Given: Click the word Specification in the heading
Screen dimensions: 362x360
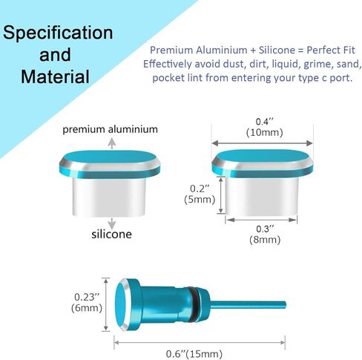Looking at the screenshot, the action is [58, 33].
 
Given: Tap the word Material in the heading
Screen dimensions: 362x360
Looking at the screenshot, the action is [55, 76].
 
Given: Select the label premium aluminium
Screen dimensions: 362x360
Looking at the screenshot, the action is [110, 129].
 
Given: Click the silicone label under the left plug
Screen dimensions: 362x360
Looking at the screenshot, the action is [111, 234].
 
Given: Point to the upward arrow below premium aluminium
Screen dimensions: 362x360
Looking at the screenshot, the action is [112, 143].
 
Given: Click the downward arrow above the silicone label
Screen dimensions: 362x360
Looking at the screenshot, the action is [112, 223].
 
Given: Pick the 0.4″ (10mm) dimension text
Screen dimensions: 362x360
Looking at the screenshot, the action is [264, 127].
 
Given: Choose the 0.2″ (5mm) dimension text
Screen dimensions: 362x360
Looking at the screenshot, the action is [200, 194].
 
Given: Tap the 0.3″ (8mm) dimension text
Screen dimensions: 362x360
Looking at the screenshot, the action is [265, 235].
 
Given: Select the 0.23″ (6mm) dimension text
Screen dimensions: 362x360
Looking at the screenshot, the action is [87, 302].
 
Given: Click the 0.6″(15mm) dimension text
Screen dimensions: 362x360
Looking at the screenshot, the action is [194, 354].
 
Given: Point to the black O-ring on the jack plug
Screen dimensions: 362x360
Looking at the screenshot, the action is [194, 304].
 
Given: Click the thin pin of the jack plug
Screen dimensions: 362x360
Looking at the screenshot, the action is [248, 305].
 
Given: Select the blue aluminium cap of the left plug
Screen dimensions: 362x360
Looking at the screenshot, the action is [110, 164].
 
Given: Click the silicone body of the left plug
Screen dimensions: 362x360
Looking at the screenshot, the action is [109, 197].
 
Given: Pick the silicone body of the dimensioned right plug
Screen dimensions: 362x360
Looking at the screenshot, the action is [262, 197].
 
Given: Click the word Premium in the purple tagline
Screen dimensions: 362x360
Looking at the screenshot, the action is [172, 50].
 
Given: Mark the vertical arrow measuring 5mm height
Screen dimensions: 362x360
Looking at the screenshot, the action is [221, 195].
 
